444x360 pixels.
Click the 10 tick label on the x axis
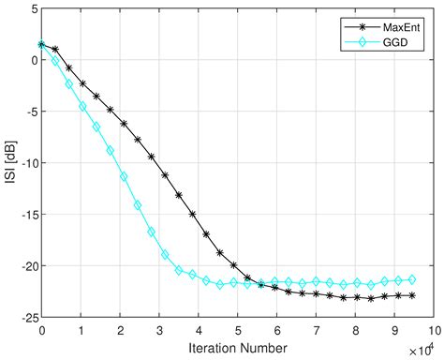432,330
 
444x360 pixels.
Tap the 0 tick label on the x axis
42,330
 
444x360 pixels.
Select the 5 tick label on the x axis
237,330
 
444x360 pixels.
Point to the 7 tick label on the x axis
316,330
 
